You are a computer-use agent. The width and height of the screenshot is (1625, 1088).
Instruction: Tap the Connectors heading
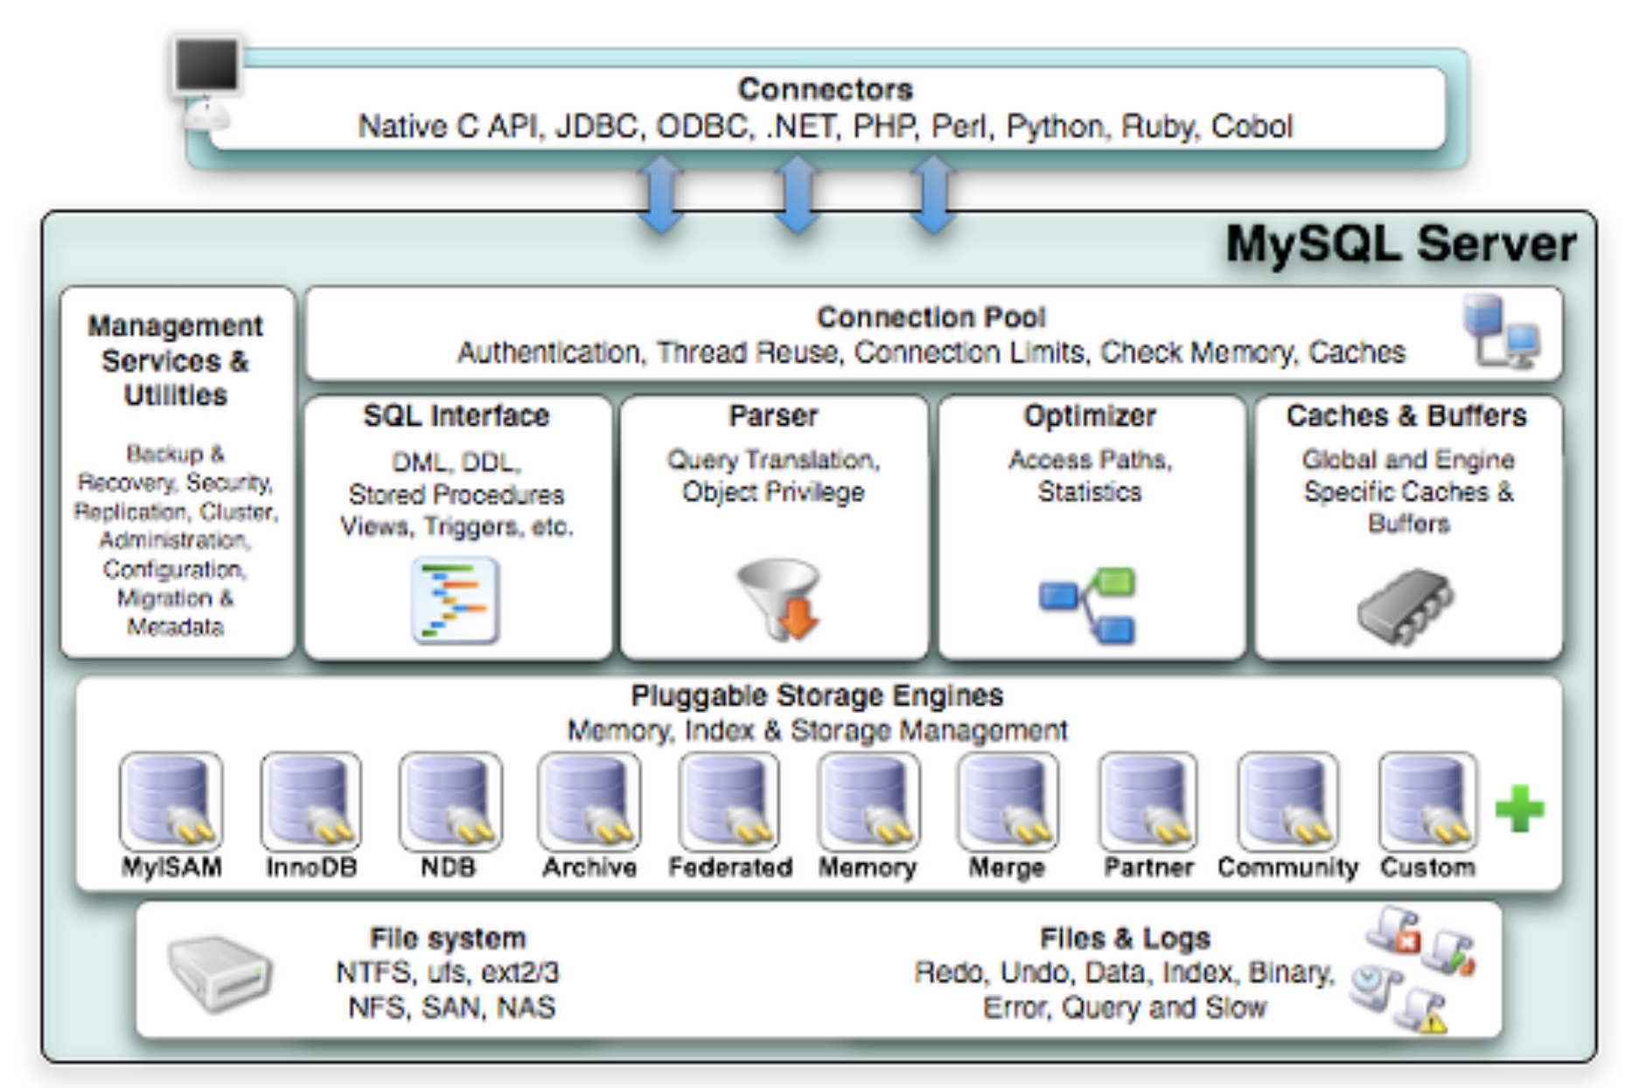[825, 89]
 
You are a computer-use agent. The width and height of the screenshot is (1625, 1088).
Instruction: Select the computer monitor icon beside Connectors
[207, 66]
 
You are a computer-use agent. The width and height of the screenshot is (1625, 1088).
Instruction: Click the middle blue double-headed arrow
[797, 195]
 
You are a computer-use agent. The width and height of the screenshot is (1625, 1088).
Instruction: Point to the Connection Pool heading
[931, 317]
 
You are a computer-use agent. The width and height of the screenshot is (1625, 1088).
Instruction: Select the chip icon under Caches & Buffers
[1405, 605]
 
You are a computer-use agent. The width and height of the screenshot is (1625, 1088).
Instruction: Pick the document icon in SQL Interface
[455, 601]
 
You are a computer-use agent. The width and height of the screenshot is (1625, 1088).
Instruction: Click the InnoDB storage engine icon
[310, 801]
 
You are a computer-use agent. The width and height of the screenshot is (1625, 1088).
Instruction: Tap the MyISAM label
[171, 867]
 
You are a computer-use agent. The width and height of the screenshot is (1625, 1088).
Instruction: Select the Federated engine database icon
[729, 801]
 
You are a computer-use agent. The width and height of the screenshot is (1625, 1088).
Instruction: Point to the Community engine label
[1287, 867]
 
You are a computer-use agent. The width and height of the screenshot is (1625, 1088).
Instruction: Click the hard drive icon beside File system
[220, 973]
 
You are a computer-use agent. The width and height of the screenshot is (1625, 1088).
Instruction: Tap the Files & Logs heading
[1125, 938]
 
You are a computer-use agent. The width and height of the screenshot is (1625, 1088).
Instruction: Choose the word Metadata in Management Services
[176, 627]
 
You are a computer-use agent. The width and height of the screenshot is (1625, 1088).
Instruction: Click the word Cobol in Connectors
[1252, 127]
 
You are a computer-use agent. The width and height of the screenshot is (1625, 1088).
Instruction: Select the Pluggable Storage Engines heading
[817, 695]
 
